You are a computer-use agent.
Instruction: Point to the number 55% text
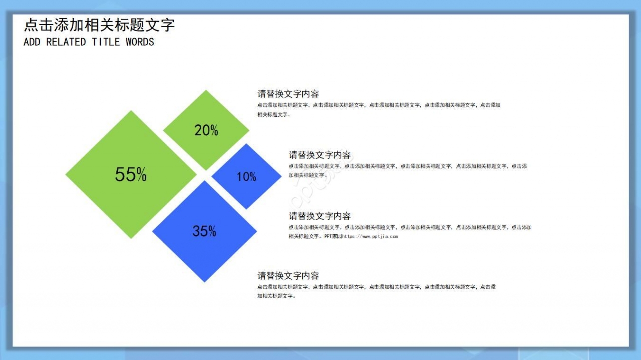click(x=131, y=174)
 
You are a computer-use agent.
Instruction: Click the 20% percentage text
click(x=206, y=130)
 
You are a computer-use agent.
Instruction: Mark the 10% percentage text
click(x=246, y=177)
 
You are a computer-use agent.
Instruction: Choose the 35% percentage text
click(x=204, y=231)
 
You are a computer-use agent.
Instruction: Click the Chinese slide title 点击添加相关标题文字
click(x=99, y=25)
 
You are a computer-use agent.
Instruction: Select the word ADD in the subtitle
click(x=32, y=42)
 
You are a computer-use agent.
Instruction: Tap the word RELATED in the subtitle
click(x=66, y=42)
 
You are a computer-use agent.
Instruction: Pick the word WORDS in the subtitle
click(x=140, y=42)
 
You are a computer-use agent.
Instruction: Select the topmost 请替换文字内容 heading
click(x=288, y=94)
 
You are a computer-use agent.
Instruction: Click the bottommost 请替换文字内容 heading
click(x=288, y=276)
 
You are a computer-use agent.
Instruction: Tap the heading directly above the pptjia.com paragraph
click(x=319, y=216)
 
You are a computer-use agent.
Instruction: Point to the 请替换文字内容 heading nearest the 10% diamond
click(x=319, y=155)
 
